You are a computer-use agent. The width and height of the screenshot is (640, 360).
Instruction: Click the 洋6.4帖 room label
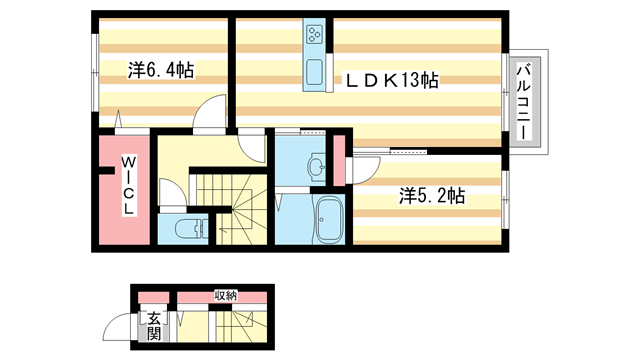click(160, 70)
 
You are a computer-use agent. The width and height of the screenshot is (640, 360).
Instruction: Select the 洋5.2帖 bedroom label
click(432, 196)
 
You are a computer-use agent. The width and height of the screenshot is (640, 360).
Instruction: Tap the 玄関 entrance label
click(153, 327)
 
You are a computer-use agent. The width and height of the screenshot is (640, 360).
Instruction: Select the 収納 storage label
click(224, 295)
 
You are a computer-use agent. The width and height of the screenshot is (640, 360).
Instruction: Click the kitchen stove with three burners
click(314, 36)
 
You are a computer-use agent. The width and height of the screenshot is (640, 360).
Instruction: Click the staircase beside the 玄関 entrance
click(240, 327)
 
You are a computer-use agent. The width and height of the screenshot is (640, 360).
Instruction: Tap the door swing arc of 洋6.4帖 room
click(210, 114)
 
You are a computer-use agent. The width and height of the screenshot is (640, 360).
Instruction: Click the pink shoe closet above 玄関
click(153, 297)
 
